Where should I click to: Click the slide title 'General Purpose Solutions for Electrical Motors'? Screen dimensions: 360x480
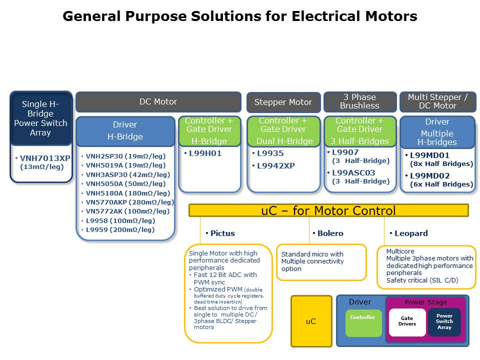[240, 16]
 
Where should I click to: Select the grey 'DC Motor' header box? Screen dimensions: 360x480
[158, 102]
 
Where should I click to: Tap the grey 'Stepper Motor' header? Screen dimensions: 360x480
[283, 102]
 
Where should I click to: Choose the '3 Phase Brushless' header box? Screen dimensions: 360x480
[359, 101]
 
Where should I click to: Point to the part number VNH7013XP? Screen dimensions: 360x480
[45, 158]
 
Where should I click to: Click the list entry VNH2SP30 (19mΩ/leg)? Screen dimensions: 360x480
[125, 156]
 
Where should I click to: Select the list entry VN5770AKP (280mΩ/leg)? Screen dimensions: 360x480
[129, 202]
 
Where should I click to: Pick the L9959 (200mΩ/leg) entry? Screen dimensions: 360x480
[120, 229]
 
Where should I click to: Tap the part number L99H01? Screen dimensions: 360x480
[205, 153]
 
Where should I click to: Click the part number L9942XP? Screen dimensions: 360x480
[275, 165]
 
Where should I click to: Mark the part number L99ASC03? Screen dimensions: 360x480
[353, 173]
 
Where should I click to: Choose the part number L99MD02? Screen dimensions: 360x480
[429, 175]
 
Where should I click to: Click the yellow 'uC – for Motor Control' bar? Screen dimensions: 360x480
[328, 210]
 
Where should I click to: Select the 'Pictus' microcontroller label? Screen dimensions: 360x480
[222, 233]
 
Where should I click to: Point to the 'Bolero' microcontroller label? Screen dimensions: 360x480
[330, 233]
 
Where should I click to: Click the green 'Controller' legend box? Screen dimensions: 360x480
[363, 322]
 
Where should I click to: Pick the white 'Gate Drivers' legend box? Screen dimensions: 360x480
[407, 322]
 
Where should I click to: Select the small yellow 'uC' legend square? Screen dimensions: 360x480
[311, 321]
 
